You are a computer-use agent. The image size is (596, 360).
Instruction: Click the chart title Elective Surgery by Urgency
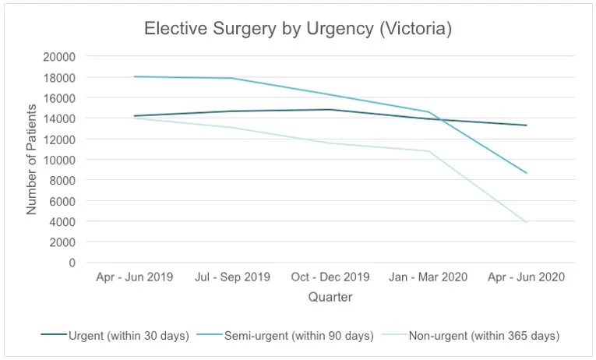[298, 29]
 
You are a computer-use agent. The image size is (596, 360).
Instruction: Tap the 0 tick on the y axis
[71, 263]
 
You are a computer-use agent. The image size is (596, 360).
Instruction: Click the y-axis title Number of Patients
[32, 160]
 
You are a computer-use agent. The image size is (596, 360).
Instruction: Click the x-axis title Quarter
[330, 297]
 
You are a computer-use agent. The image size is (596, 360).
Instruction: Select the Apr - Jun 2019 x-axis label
[134, 277]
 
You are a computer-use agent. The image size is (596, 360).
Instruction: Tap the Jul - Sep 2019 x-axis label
[232, 277]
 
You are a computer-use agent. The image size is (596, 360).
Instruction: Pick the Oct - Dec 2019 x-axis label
[330, 277]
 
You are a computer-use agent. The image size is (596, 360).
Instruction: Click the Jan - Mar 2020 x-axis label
[428, 277]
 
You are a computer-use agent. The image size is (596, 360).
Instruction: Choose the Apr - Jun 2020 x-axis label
[527, 277]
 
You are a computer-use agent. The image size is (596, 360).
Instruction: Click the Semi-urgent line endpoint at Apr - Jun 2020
[527, 173]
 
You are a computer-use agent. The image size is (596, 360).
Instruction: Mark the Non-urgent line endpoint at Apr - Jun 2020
[527, 223]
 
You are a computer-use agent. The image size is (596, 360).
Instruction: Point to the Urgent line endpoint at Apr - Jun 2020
[527, 125]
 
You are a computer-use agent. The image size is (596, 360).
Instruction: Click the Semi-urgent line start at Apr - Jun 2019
[134, 76]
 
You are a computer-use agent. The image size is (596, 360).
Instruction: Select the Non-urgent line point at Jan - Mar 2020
[428, 151]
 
